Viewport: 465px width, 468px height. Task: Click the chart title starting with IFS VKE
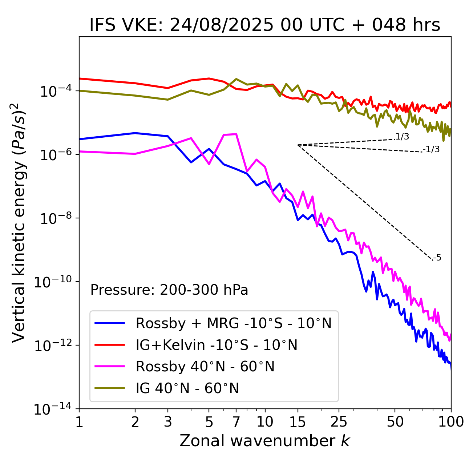265,25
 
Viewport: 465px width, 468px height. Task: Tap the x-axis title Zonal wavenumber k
265,441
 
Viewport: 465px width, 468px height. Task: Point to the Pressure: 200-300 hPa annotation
169,290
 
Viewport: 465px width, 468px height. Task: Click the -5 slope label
437,258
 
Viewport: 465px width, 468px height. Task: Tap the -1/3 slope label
431,149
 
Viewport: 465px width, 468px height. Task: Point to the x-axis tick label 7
236,422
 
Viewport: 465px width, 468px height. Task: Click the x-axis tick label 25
339,422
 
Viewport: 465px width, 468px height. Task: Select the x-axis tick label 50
395,422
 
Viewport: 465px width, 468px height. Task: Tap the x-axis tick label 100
451,422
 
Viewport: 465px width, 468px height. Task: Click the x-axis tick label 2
135,422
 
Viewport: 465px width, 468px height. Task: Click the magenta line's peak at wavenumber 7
236,134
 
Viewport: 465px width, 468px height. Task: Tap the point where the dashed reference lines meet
298,145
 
